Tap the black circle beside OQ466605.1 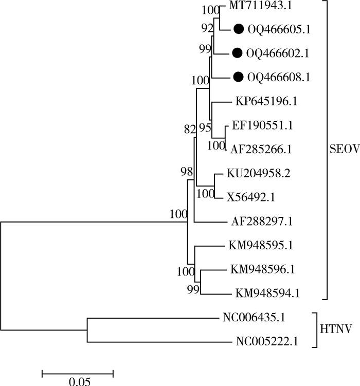(238, 29)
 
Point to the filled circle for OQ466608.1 (238, 77)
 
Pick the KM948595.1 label (262, 245)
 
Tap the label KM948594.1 (268, 294)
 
